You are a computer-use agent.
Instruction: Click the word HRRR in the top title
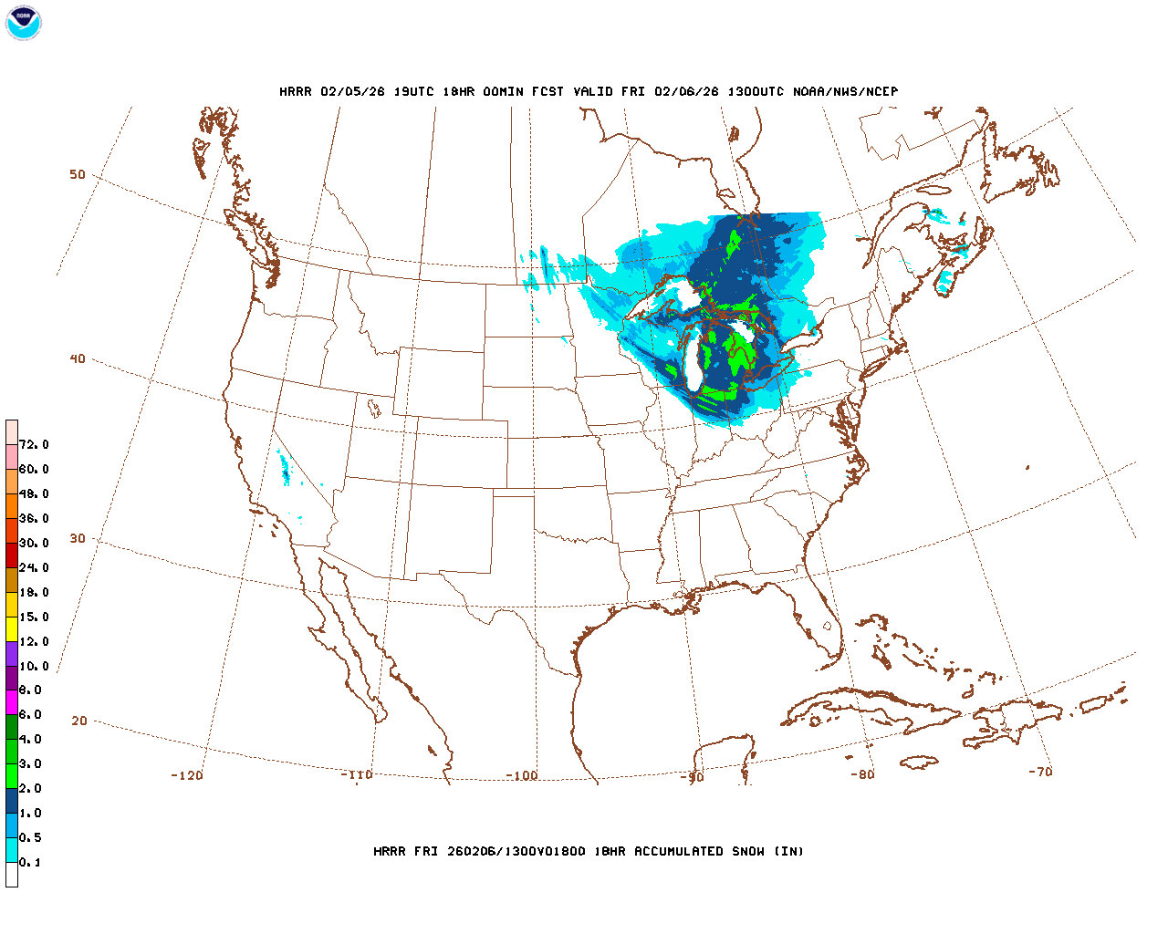click(x=295, y=92)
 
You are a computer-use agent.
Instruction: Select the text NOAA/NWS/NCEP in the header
click(x=845, y=92)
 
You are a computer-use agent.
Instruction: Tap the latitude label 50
click(x=78, y=175)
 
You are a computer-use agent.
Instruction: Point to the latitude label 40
click(x=78, y=359)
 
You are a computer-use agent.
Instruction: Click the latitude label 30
click(x=78, y=539)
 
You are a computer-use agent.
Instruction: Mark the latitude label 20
click(x=79, y=721)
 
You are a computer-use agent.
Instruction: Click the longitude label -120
click(x=187, y=776)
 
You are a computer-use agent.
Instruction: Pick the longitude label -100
click(x=522, y=776)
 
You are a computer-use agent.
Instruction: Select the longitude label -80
click(x=862, y=775)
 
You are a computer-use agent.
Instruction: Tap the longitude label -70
click(x=1040, y=772)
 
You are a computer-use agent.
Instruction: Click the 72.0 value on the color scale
click(x=34, y=445)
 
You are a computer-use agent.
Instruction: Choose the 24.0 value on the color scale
click(x=34, y=568)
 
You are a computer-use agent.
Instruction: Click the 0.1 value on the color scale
click(x=30, y=863)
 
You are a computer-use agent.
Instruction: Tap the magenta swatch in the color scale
click(x=12, y=702)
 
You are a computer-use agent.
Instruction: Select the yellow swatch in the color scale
click(x=12, y=629)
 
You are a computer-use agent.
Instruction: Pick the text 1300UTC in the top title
click(x=756, y=92)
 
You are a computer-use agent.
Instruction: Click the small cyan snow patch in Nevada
click(x=284, y=468)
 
